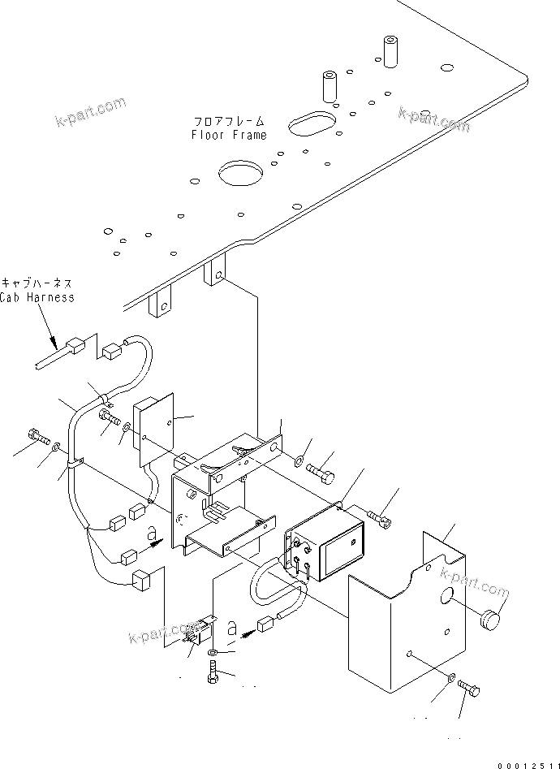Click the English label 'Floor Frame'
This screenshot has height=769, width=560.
pyautogui.click(x=228, y=135)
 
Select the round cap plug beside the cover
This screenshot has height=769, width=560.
pyautogui.click(x=491, y=621)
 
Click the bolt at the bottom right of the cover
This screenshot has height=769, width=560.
pyautogui.click(x=468, y=689)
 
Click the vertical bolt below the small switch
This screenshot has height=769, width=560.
pyautogui.click(x=213, y=673)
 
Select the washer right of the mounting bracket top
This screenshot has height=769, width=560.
pyautogui.click(x=301, y=462)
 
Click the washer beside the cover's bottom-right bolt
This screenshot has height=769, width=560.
pyautogui.click(x=450, y=678)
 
